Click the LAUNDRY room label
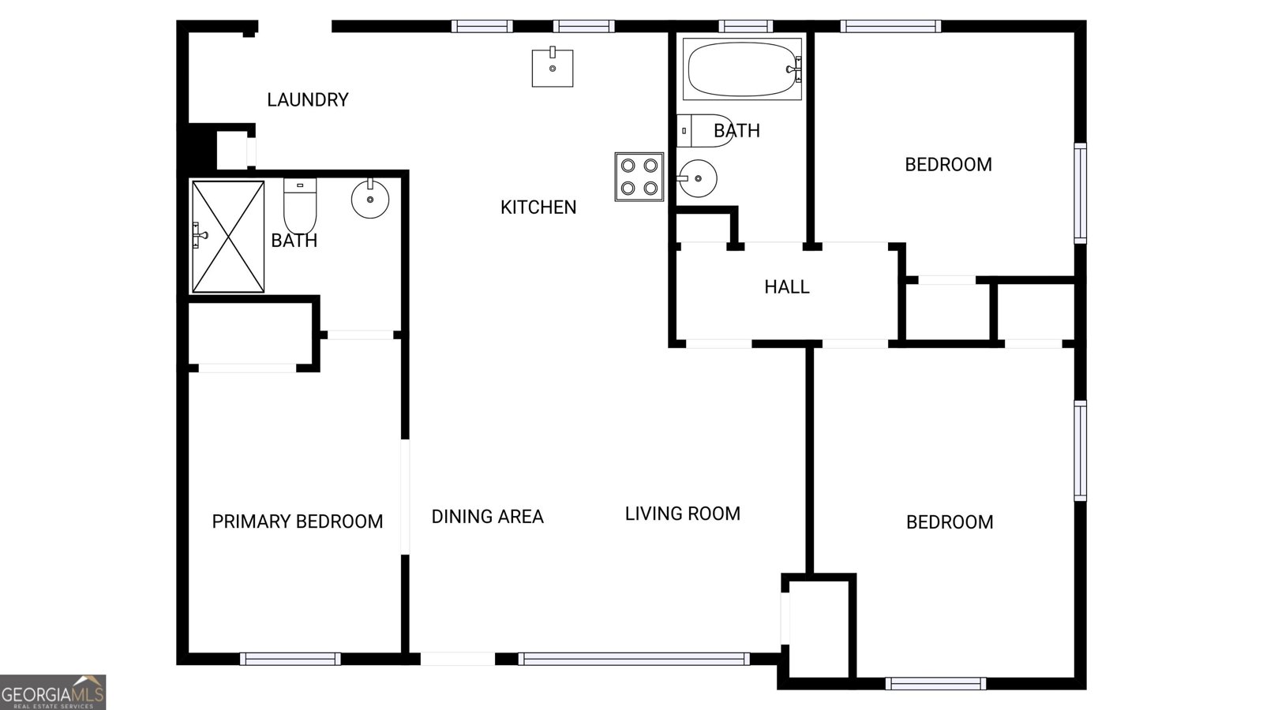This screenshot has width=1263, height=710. (x=307, y=100)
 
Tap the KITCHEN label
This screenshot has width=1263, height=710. (x=538, y=207)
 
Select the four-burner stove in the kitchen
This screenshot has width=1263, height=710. (x=639, y=177)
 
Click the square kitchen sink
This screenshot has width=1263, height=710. (x=552, y=68)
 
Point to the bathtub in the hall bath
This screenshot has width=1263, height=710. (x=742, y=69)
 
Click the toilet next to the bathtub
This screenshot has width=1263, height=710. (x=695, y=131)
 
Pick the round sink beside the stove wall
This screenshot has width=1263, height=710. (x=697, y=178)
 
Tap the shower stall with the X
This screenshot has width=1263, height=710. (x=228, y=237)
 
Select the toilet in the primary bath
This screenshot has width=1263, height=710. (x=300, y=205)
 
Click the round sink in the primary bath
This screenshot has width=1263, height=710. (x=370, y=197)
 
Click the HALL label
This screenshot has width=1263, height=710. (x=786, y=287)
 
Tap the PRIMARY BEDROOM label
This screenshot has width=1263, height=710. (x=297, y=521)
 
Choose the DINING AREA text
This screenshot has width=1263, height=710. (x=487, y=517)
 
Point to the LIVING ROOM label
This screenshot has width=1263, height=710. (x=682, y=514)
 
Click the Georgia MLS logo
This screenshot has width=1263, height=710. (x=53, y=692)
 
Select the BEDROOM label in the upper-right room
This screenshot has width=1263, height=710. (x=948, y=165)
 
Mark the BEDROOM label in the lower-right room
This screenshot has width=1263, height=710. (x=949, y=522)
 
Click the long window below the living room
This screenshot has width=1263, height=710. (x=634, y=659)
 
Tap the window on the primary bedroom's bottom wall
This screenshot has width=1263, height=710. (x=290, y=659)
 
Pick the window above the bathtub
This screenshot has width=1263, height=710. (x=745, y=26)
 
